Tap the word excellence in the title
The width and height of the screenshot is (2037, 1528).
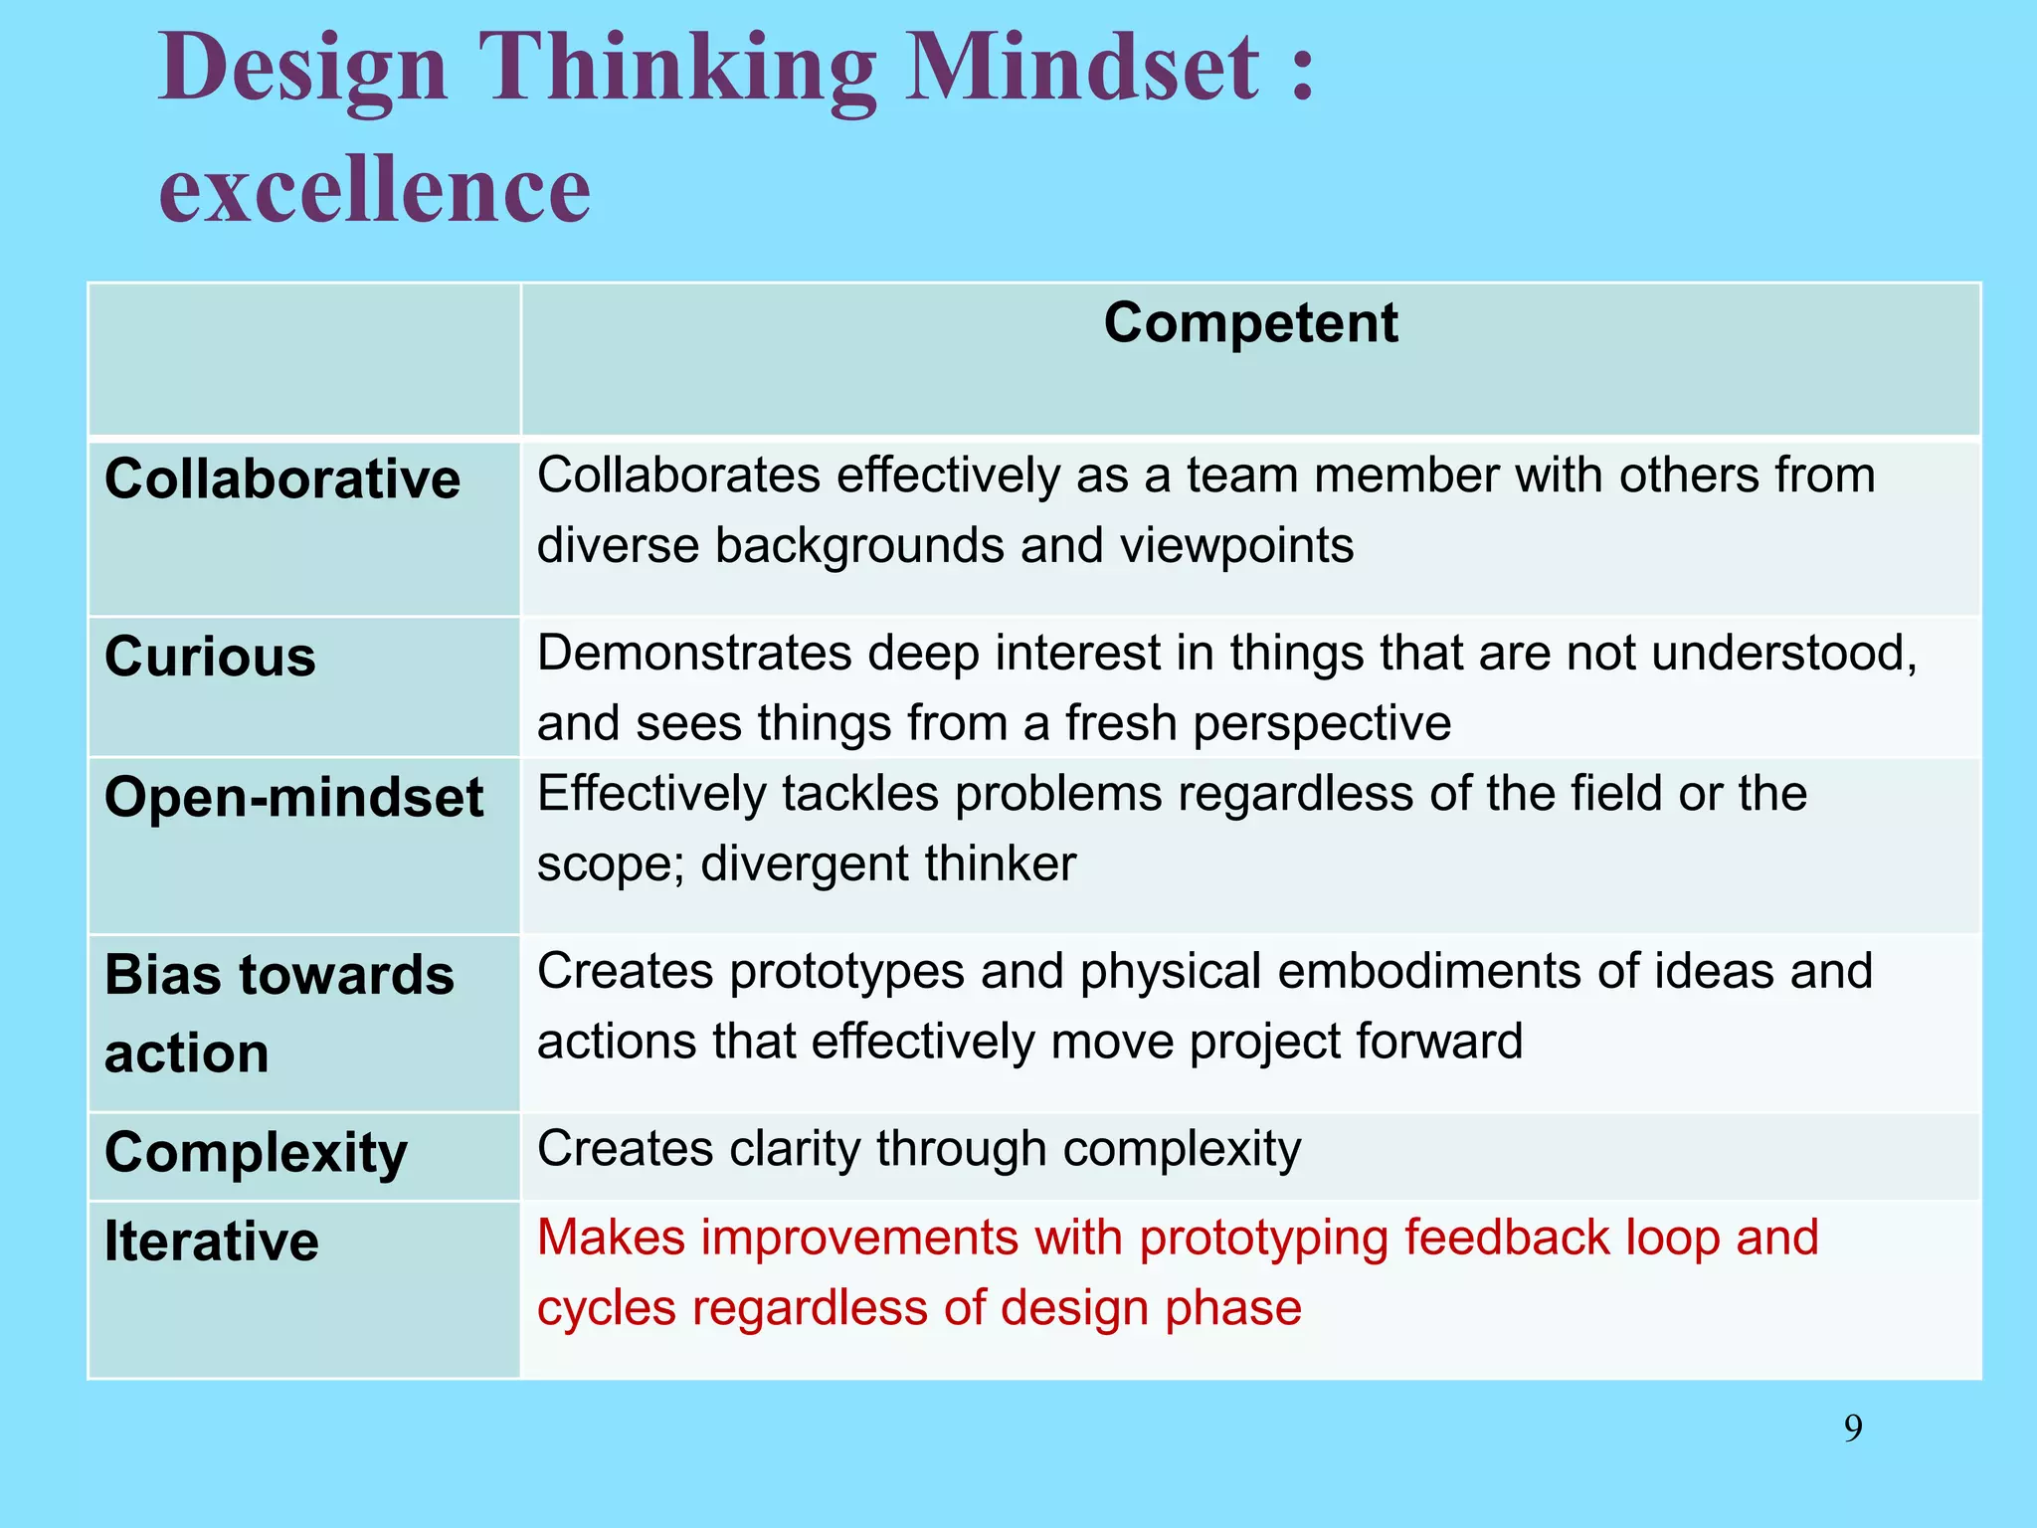375,189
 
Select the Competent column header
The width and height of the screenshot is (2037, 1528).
1250,323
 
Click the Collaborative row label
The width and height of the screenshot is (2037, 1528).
282,479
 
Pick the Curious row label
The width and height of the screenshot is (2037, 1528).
210,658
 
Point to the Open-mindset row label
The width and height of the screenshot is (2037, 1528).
293,798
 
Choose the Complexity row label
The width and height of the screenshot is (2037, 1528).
256,1154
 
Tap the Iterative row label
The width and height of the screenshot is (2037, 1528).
211,1241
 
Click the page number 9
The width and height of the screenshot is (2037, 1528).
1853,1429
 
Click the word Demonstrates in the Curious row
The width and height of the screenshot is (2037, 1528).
693,654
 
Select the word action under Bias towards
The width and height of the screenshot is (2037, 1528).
186,1053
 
